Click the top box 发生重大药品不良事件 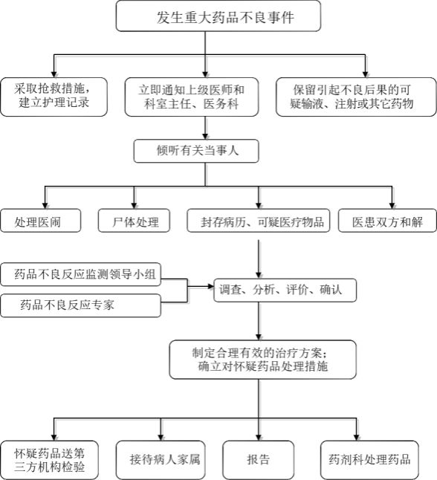218,16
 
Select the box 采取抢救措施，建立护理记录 54,97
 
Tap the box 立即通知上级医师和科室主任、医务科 192,97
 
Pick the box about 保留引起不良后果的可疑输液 356,97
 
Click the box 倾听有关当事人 196,151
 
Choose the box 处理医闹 41,221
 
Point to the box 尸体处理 134,221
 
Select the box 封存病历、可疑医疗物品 259,221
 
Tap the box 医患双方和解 387,221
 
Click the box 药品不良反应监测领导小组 81,274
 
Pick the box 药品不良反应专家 81,305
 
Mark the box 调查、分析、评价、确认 285,291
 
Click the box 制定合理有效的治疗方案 263,360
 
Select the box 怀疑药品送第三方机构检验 50,460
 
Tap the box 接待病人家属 161,460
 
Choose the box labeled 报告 259,460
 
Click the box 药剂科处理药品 369,460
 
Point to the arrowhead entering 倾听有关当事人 205,137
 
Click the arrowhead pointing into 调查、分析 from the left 210,287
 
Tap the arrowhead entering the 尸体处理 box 134,206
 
